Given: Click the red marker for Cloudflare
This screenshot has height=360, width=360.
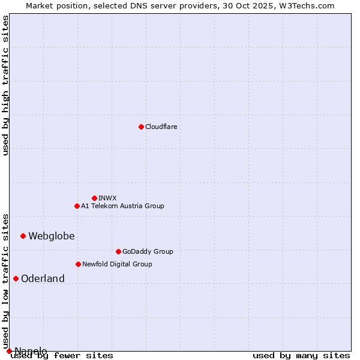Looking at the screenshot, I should (x=141, y=127).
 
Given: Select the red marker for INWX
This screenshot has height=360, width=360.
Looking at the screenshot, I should (x=94, y=198).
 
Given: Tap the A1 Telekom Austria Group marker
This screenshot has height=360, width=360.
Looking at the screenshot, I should (x=77, y=206).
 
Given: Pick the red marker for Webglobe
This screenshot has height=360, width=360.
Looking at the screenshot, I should (x=23, y=236).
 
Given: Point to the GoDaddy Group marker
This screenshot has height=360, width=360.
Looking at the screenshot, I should (x=118, y=251).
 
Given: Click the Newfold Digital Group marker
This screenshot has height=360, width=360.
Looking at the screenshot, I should (x=78, y=264).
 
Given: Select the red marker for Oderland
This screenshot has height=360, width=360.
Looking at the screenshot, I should (x=16, y=278).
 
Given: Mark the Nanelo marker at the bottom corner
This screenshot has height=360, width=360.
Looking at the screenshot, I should (x=9, y=351).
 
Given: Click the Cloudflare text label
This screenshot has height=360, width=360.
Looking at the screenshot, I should (x=161, y=127).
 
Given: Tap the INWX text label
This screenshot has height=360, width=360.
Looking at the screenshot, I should (x=107, y=198).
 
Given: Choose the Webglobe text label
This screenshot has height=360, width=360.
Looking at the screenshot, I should (x=52, y=236).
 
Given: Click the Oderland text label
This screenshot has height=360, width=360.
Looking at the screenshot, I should (x=43, y=278).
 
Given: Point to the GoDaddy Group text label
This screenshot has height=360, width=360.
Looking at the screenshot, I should (x=147, y=251).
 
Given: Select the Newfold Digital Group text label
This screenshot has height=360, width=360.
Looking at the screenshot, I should (x=117, y=264).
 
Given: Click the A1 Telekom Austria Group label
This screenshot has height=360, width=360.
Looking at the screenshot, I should (x=122, y=206).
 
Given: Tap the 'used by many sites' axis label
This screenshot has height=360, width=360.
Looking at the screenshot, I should (x=301, y=355).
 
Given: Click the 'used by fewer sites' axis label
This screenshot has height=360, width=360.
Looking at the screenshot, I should (x=62, y=355).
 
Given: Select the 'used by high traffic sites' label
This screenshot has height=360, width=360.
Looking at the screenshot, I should (x=5, y=85).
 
